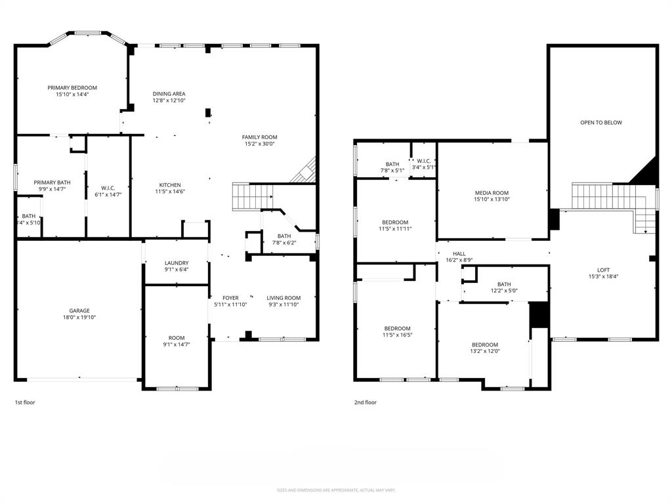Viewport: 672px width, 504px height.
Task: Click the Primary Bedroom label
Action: tap(72, 88)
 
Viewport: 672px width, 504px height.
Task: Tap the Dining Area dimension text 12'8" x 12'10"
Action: tap(169, 100)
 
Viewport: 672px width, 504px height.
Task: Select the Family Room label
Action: tap(259, 137)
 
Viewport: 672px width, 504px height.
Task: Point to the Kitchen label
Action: tap(169, 185)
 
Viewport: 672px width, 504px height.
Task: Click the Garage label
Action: tap(79, 311)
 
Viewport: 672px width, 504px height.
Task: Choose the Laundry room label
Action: tap(176, 263)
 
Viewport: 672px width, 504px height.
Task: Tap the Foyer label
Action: tap(230, 298)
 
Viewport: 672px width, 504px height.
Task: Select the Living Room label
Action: tap(283, 298)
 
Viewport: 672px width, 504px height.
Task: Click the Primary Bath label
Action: tap(52, 182)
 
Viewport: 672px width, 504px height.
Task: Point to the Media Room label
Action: tap(492, 193)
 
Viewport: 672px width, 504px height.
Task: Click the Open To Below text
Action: tap(600, 123)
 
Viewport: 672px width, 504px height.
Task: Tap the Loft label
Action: tap(602, 270)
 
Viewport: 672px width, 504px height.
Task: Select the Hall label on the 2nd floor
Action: tap(459, 254)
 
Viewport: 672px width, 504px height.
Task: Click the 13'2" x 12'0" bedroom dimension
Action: tap(485, 351)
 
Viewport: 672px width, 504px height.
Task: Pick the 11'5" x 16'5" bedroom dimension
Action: tap(397, 335)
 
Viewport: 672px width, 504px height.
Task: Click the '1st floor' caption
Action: tap(25, 402)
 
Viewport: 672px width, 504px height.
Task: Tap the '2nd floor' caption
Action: tap(366, 402)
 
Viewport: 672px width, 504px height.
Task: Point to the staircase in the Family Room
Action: tap(252, 196)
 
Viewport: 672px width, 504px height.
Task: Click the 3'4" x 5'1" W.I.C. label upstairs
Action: tap(423, 167)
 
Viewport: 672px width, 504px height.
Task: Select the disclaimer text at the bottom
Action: tap(335, 490)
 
